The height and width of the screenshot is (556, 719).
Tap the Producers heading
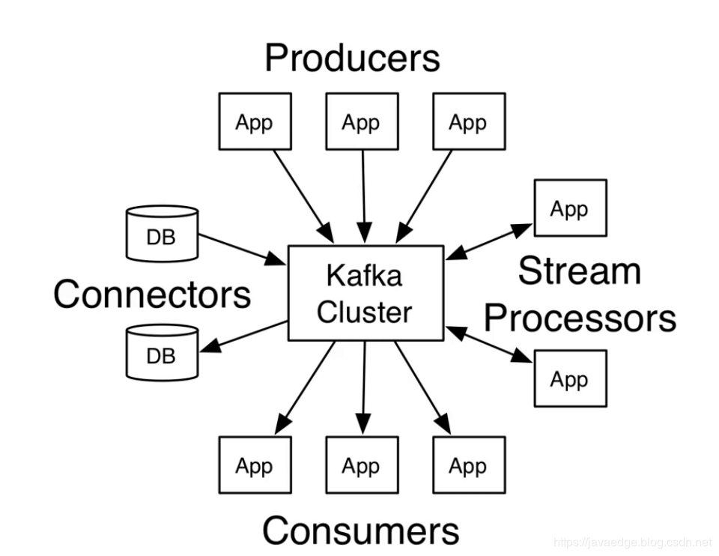352,58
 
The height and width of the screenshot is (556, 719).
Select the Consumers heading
360,531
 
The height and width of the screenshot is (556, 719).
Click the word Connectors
152,294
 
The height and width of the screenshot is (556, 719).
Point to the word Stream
579,271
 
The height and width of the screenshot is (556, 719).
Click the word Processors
580,318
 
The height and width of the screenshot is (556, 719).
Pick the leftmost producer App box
254,121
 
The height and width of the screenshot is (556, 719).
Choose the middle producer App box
362,121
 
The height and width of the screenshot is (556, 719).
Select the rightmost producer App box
469,121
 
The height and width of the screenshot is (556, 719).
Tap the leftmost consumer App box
254,465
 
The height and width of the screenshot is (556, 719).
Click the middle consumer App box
362,465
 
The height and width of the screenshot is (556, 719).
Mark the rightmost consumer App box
469,465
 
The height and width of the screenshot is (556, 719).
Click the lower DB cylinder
161,353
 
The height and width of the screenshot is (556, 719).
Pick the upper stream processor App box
569,208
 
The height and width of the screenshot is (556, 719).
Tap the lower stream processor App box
569,378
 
